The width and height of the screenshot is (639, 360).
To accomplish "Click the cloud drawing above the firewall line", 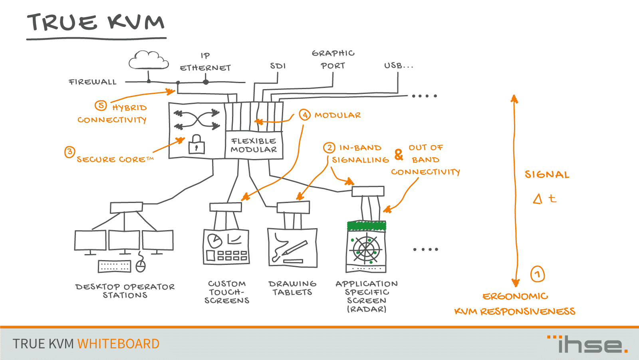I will [x=148, y=61].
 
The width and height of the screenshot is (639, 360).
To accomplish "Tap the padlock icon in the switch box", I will [x=196, y=145].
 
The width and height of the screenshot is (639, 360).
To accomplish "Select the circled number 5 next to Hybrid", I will [x=101, y=105].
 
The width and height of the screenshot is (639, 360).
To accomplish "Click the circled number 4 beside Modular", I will [x=305, y=115].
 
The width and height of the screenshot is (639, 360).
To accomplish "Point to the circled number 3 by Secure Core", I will [x=69, y=152].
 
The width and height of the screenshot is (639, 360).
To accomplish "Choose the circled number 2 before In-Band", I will [x=329, y=148].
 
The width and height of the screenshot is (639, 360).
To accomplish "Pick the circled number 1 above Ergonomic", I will [x=538, y=274].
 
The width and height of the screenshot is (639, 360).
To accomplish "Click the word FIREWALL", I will [x=93, y=82].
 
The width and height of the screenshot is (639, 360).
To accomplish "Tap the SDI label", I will [x=278, y=66].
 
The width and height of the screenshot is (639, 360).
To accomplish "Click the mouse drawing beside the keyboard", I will [x=141, y=266].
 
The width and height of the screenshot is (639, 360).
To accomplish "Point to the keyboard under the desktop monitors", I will [x=114, y=266].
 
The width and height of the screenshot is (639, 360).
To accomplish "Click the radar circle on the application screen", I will [x=365, y=249].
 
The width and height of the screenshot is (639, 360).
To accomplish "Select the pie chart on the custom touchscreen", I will [x=215, y=241].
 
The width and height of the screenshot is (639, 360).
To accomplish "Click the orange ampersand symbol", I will [x=399, y=155].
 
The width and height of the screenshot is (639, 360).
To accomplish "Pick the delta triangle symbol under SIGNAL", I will [x=538, y=199].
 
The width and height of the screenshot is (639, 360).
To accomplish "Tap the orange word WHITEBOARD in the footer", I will [x=118, y=344].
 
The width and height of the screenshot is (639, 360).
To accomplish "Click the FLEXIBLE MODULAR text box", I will [x=254, y=145].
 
